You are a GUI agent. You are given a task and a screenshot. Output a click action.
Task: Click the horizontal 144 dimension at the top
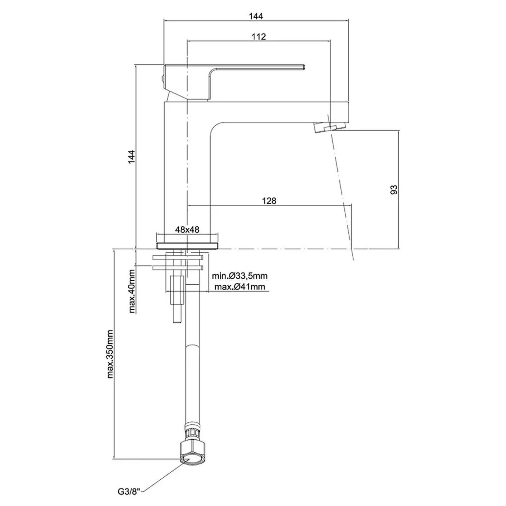(256, 16)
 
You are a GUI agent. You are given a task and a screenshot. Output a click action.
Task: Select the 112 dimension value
(259, 36)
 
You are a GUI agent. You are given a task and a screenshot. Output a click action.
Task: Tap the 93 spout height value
(394, 190)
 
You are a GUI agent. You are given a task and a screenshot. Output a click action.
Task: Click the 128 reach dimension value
(269, 201)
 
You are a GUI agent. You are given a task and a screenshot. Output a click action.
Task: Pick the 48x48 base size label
(187, 230)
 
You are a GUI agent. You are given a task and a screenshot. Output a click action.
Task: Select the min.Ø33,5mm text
(240, 276)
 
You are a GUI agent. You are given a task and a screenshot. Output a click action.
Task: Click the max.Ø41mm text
(240, 287)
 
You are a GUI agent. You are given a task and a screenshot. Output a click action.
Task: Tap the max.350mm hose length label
(110, 354)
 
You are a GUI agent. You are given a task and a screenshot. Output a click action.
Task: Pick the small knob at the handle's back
(162, 79)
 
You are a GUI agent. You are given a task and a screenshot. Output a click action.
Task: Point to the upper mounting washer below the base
(178, 258)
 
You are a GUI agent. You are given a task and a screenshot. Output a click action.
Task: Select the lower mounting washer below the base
(178, 268)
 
